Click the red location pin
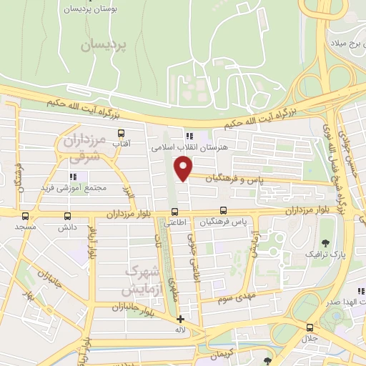[184, 167]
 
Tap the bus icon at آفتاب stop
[120, 134]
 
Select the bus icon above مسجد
[26, 215]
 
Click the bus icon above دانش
[68, 215]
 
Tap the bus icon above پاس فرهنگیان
[224, 211]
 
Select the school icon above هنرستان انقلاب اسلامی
[189, 136]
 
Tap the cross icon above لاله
[180, 319]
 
